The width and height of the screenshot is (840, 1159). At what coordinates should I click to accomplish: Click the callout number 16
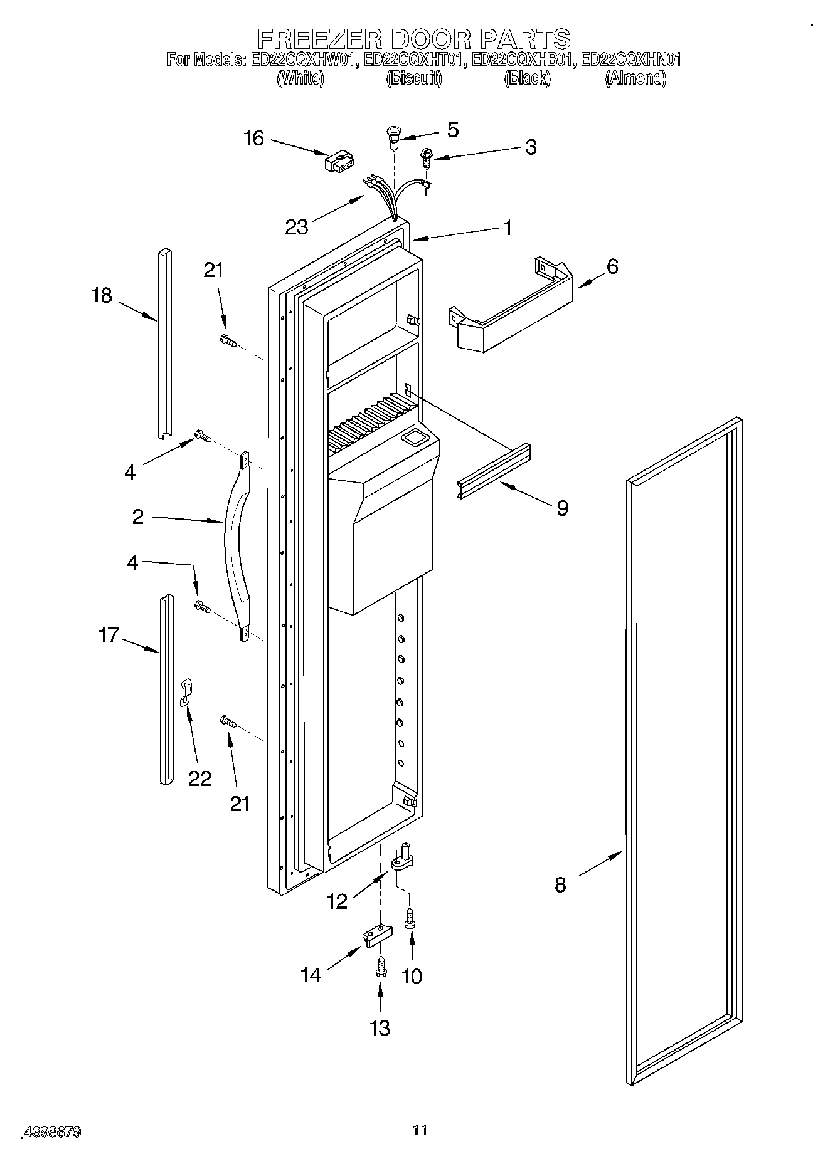pos(254,138)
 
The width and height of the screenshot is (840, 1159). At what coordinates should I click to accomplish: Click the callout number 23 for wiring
pos(297,226)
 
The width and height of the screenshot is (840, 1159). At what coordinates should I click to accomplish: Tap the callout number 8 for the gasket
pos(560,884)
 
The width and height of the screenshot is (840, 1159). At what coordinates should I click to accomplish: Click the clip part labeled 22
pos(186,692)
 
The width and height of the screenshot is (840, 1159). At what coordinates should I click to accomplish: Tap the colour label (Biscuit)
pos(413,78)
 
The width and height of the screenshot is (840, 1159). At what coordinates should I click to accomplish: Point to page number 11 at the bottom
pos(420,1130)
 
